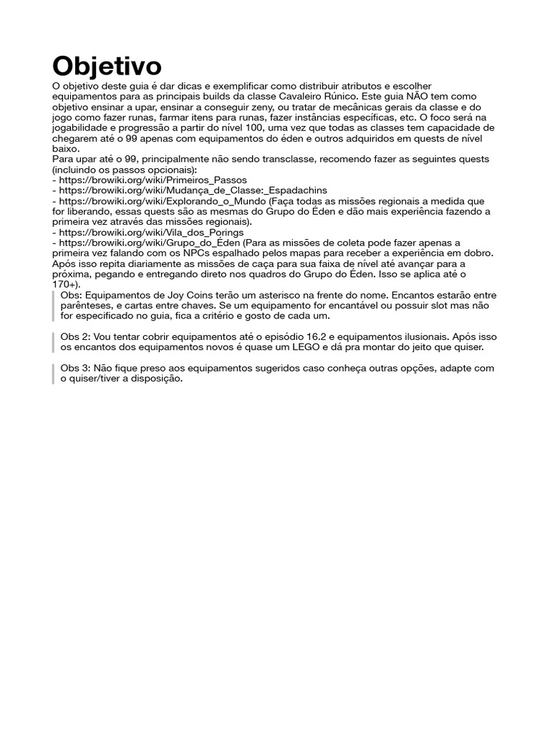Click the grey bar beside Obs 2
(x=54, y=342)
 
